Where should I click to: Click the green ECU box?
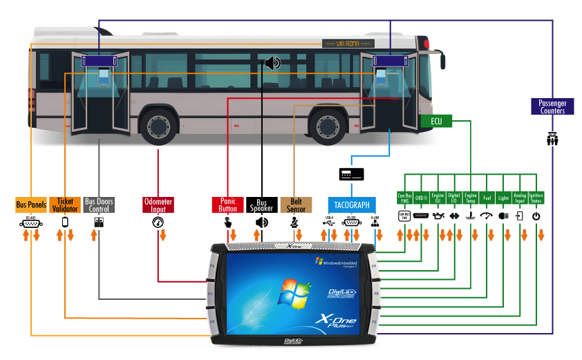[x=436, y=122]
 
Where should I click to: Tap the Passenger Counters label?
[x=552, y=106]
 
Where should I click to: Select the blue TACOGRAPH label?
[x=352, y=205]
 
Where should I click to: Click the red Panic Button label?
[x=227, y=205]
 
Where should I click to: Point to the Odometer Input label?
[x=158, y=205]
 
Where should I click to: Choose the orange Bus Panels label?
[x=31, y=205]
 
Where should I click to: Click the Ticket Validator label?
[x=65, y=205]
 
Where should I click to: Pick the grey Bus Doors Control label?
[x=99, y=205]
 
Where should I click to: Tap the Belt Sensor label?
[x=296, y=205]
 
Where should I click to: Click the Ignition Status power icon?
[x=536, y=216]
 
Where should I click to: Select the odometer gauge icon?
[x=158, y=222]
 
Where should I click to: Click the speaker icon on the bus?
[x=273, y=64]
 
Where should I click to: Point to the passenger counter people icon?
[x=552, y=139]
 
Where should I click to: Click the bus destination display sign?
[x=349, y=44]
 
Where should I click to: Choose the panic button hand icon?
[x=227, y=222]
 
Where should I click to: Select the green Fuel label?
[x=487, y=197]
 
